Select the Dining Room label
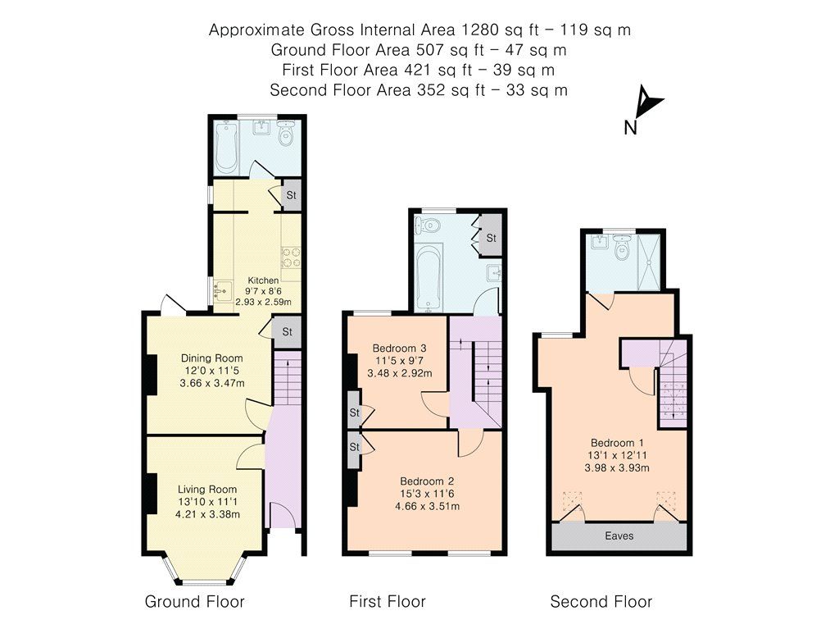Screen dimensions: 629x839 point(211,358)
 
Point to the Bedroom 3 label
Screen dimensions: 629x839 point(400,347)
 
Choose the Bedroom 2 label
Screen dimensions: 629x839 point(427,481)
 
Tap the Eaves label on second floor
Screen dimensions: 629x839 point(619,536)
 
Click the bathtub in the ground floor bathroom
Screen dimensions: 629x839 point(226,148)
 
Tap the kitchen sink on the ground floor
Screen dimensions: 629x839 point(220,289)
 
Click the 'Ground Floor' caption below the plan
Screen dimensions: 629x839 point(194,602)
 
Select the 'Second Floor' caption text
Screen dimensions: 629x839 point(601,602)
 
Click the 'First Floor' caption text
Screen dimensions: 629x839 point(388,602)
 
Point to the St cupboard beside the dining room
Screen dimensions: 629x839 point(287,332)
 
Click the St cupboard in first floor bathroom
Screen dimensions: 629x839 point(491,238)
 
